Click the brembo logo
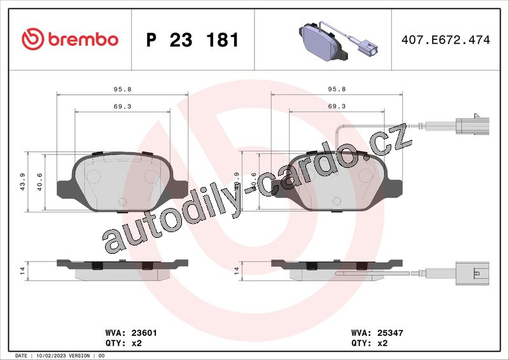(70, 39)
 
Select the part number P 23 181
(193, 40)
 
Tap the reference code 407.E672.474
(446, 39)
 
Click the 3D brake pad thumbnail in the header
(338, 41)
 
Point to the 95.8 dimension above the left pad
(122, 89)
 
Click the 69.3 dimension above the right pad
(337, 106)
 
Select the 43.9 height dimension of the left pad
(23, 182)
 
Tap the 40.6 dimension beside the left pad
(39, 182)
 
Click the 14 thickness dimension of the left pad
(22, 271)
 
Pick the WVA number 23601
(144, 333)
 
